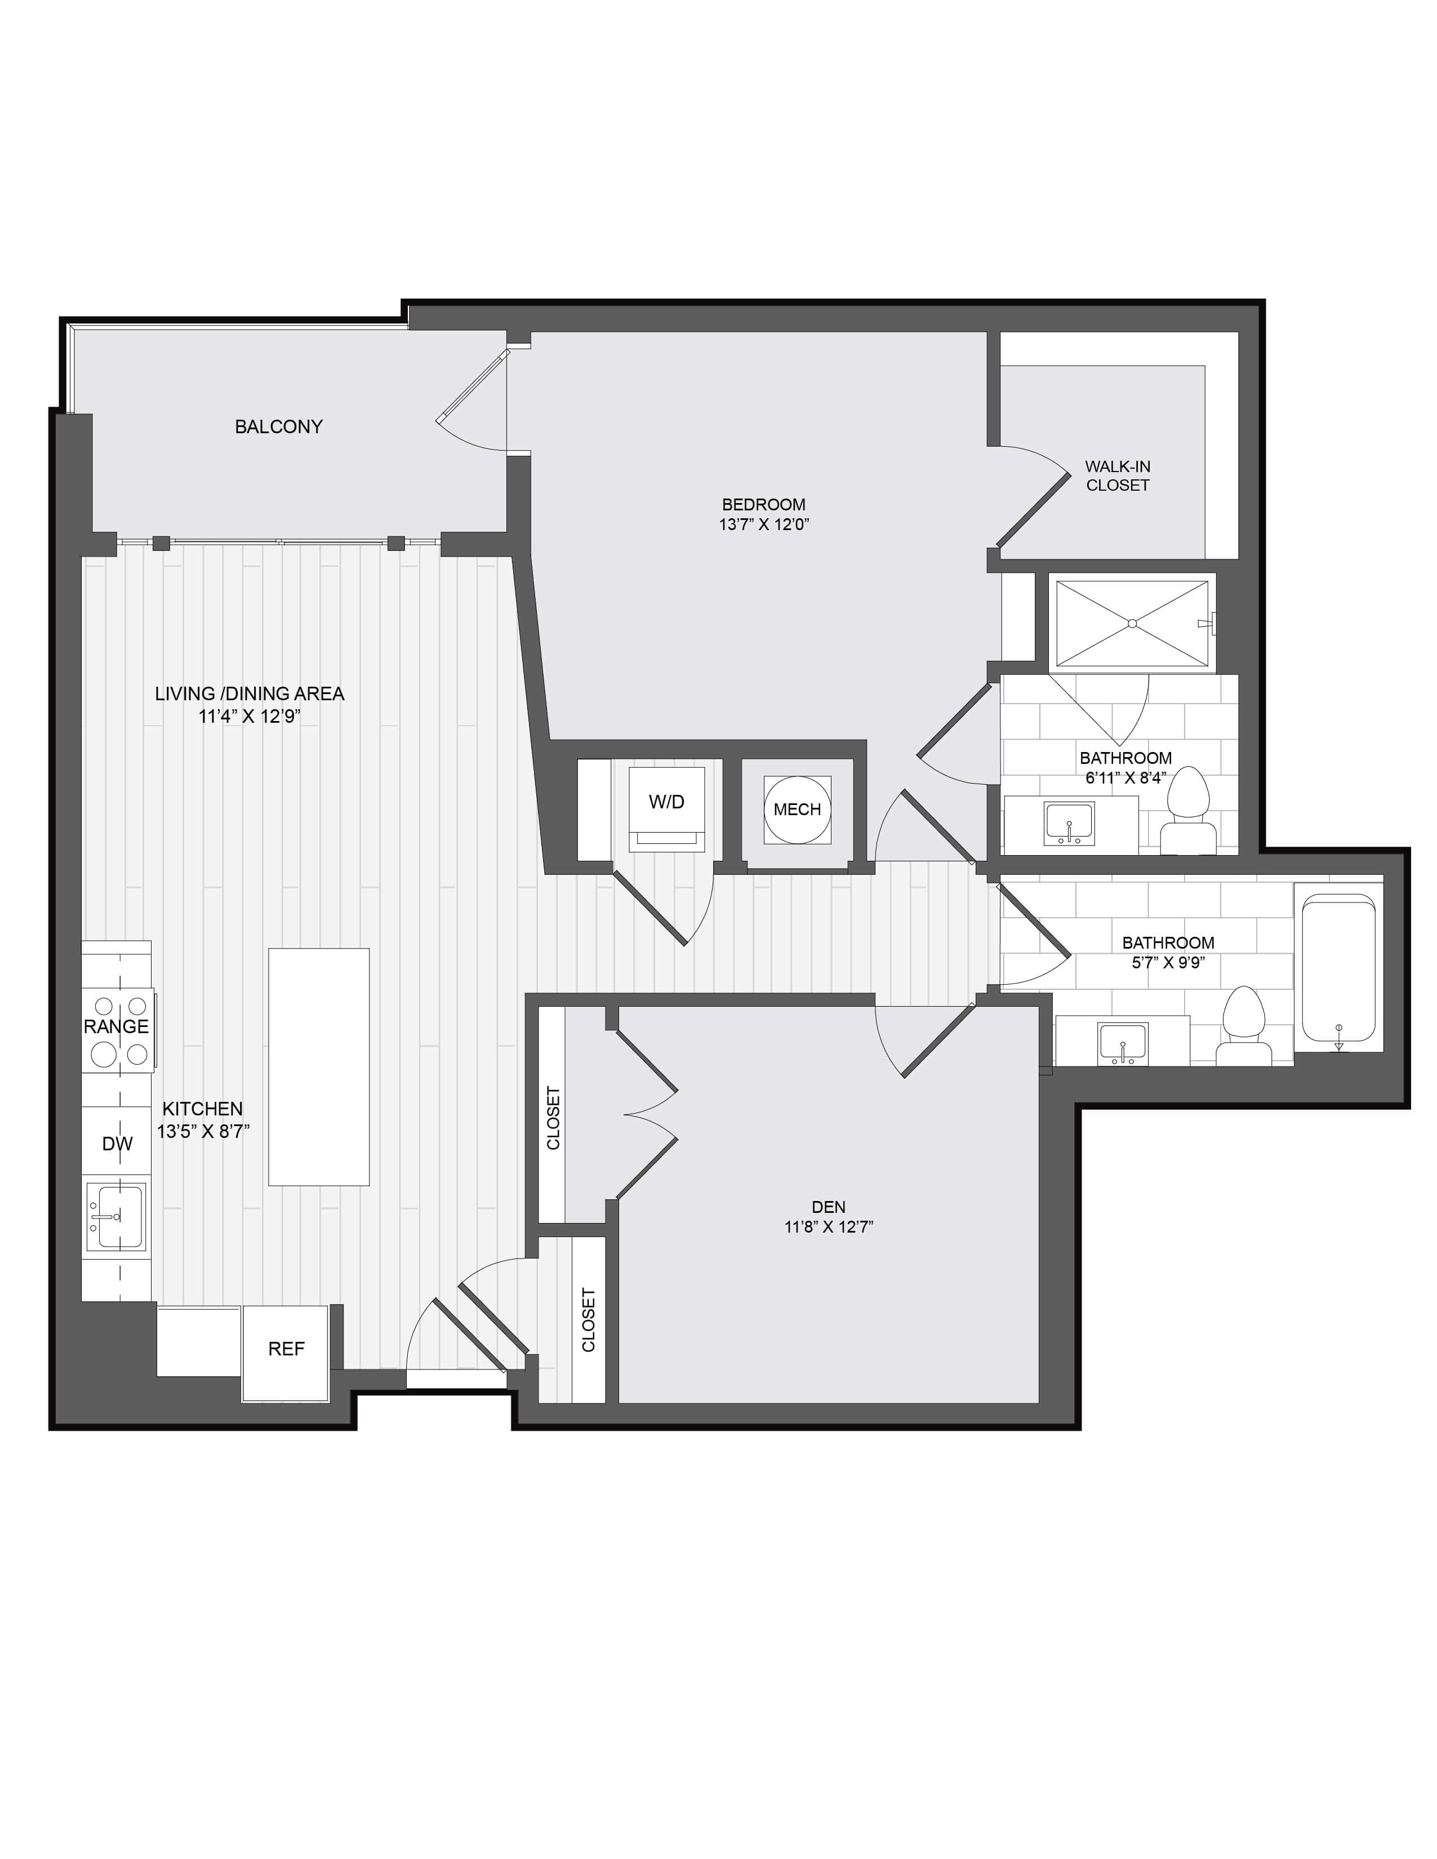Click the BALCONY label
click(x=278, y=426)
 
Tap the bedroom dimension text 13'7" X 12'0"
click(x=764, y=524)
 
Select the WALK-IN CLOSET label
click(x=1117, y=476)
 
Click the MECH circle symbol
click(x=797, y=810)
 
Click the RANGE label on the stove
click(x=117, y=1026)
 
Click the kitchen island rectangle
click(x=318, y=1066)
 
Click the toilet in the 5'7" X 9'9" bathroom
click(x=1243, y=1026)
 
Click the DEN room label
click(x=828, y=1206)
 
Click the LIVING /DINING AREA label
click(x=250, y=693)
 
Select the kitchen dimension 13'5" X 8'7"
click(x=203, y=1131)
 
